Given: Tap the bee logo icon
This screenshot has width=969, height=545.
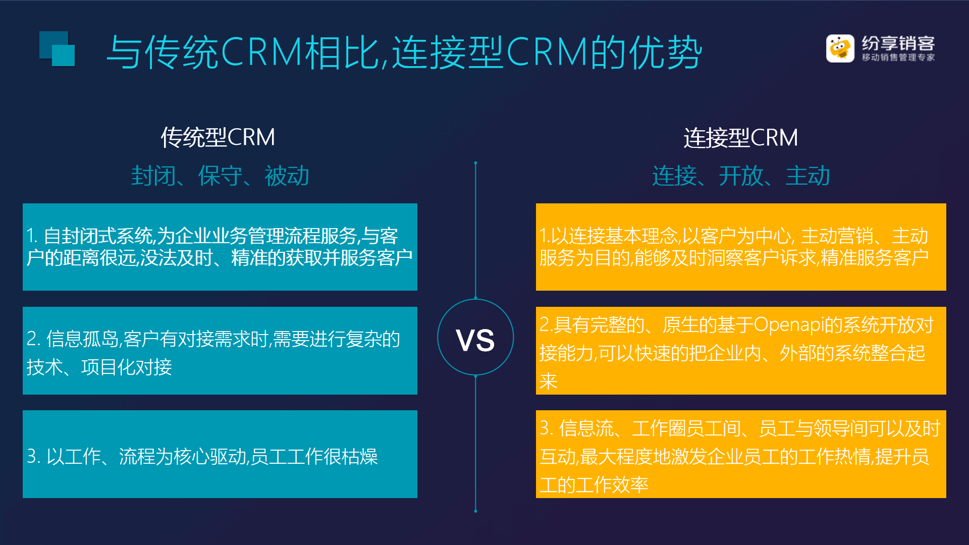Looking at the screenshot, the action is [x=840, y=48].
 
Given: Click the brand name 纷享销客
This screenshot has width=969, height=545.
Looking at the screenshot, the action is [x=898, y=43].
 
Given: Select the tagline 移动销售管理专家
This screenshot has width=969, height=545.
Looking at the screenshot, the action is [x=898, y=58].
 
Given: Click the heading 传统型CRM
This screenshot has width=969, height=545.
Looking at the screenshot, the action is [x=218, y=137].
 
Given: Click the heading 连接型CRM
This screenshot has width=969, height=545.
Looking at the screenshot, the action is [x=740, y=138].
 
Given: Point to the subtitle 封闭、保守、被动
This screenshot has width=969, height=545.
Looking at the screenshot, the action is [x=220, y=176].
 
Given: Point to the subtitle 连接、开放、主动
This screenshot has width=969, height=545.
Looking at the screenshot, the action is [x=741, y=176].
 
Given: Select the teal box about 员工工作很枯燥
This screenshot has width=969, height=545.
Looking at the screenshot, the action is [x=220, y=454].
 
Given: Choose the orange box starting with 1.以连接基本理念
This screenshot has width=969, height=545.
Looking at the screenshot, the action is [x=741, y=247].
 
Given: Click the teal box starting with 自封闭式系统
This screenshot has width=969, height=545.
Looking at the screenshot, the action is [x=220, y=247].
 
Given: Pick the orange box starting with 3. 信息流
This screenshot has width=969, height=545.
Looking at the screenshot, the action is [x=741, y=454].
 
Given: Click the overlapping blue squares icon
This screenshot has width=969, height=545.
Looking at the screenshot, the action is [x=57, y=49].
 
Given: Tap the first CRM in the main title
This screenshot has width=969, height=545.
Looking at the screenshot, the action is [x=261, y=52].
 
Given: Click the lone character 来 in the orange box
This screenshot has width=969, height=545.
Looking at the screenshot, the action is [x=548, y=381].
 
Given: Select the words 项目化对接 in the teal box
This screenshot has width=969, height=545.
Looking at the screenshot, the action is [x=127, y=367].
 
